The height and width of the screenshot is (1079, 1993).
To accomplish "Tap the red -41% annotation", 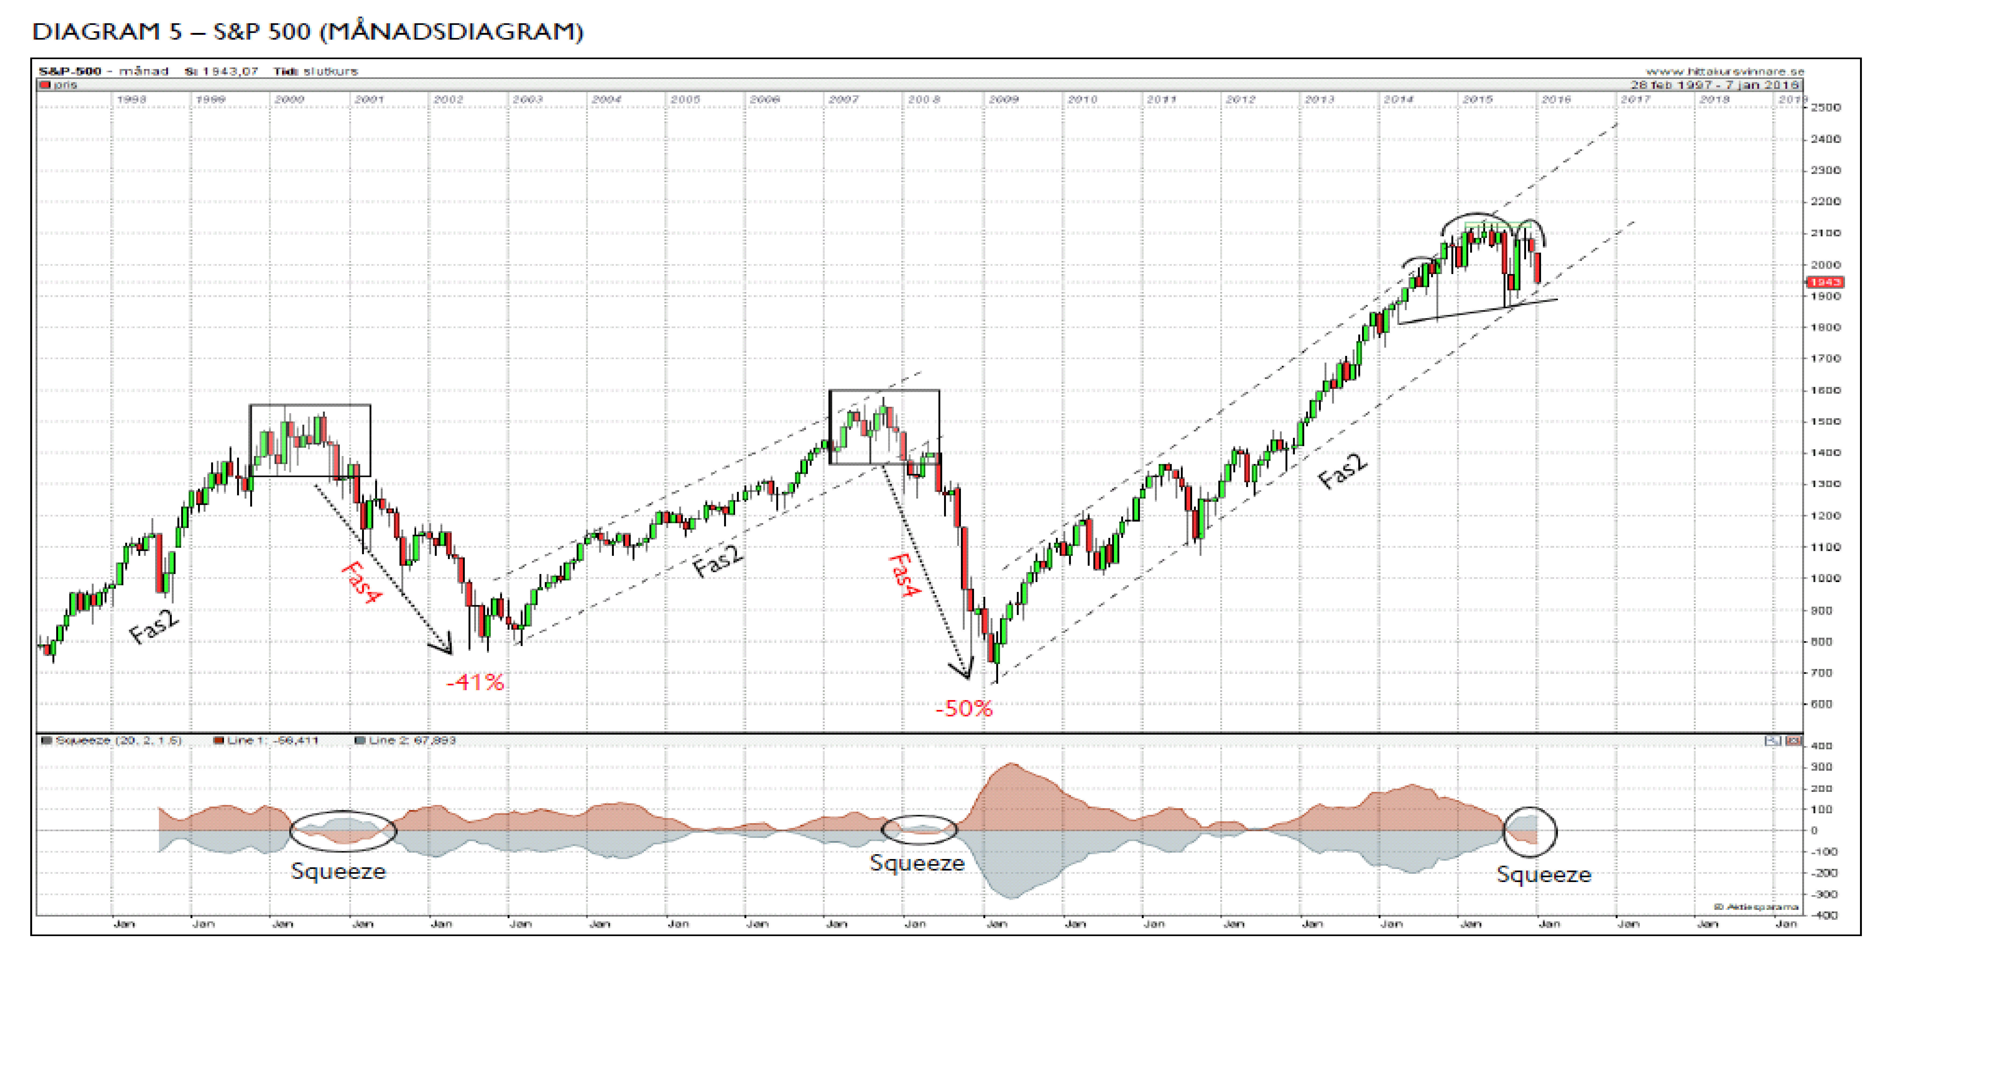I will [475, 682].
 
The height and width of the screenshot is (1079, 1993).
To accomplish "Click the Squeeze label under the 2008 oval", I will [917, 863].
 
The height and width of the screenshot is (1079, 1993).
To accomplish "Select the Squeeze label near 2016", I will [1543, 875].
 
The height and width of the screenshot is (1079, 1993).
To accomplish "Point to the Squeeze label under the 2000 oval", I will [338, 872].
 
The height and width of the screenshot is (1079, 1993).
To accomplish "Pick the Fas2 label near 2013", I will [1342, 472].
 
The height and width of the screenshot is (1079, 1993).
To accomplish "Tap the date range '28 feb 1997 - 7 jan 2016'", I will [1715, 85].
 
